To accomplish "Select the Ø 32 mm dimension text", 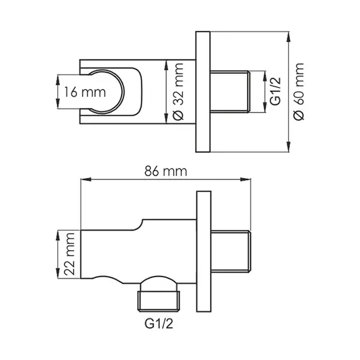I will click(177, 92).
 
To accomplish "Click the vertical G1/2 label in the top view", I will click(275, 92).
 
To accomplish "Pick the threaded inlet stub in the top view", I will click(231, 92).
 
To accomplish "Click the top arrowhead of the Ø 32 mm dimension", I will click(166, 63).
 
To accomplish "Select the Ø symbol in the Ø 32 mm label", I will click(177, 117).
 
